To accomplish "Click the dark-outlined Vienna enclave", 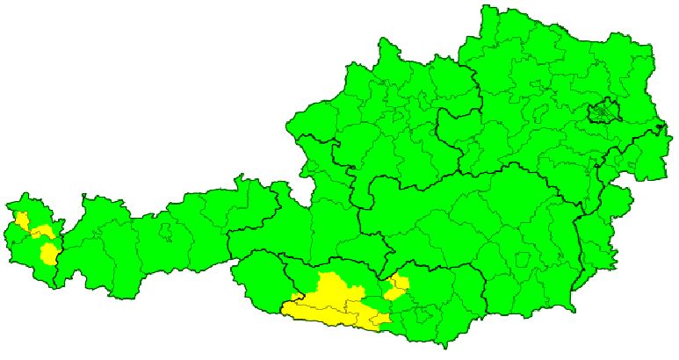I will point(603,112).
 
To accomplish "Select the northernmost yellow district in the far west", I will point(22,219).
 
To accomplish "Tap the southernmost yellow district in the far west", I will point(49,254).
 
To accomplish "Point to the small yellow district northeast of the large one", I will point(398,284).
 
